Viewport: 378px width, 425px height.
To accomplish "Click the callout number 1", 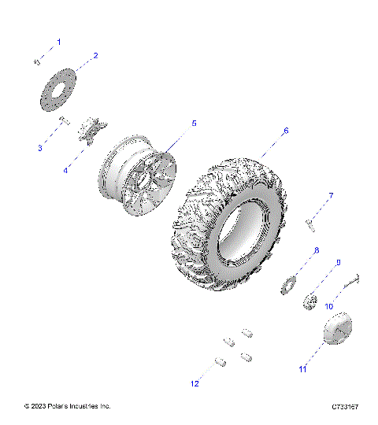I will tap(57, 41).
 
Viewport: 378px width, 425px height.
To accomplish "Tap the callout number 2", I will tap(95, 56).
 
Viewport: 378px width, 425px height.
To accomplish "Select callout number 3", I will tap(39, 148).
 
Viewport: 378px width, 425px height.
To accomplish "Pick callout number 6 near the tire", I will tap(286, 131).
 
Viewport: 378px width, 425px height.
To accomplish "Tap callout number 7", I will tap(331, 195).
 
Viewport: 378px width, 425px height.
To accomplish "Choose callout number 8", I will tap(316, 250).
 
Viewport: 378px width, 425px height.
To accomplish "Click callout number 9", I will tap(338, 263).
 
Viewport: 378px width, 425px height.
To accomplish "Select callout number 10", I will tap(329, 305).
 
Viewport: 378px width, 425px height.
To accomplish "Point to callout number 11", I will tap(302, 368).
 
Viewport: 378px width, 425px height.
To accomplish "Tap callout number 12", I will tap(194, 383).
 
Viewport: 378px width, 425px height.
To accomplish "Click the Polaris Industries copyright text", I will tap(68, 406).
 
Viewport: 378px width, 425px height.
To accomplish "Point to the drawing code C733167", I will tap(345, 407).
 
